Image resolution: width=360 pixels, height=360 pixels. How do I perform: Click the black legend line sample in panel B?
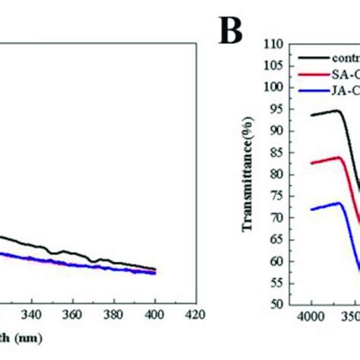(x=317, y=57)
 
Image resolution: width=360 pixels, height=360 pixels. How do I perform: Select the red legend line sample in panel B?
(x=317, y=74)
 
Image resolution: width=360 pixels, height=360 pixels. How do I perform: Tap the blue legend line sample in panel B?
(x=317, y=92)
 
